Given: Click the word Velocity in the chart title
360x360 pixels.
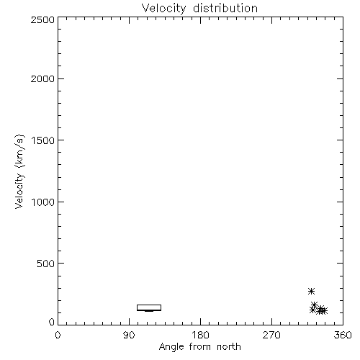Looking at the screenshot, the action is pyautogui.click(x=163, y=9).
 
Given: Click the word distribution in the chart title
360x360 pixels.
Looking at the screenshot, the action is pyautogui.click(x=225, y=8).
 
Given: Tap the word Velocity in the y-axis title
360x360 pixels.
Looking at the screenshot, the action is pyautogui.click(x=19, y=191).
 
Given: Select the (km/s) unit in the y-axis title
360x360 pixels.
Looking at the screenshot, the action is pyautogui.click(x=19, y=151).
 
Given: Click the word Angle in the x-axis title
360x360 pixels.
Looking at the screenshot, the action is pyautogui.click(x=171, y=347).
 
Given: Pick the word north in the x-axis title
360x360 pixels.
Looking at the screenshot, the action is pyautogui.click(x=229, y=347).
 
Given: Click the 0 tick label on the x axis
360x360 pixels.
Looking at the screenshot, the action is pyautogui.click(x=58, y=335).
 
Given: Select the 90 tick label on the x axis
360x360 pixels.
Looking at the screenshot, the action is pyautogui.click(x=129, y=335).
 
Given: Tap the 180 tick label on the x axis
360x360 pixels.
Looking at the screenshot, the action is pyautogui.click(x=200, y=335).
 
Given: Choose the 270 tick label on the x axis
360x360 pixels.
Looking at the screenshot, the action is pyautogui.click(x=271, y=335).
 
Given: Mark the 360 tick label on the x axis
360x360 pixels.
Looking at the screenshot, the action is pyautogui.click(x=343, y=335).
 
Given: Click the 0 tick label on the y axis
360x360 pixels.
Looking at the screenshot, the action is pyautogui.click(x=52, y=322).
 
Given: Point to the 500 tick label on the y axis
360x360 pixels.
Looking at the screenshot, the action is pyautogui.click(x=45, y=264).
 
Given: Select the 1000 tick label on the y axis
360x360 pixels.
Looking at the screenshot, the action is pyautogui.click(x=43, y=202).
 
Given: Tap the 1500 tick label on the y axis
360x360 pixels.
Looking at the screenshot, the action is pyautogui.click(x=43, y=140).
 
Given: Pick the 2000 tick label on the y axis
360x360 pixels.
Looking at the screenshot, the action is pyautogui.click(x=42, y=79).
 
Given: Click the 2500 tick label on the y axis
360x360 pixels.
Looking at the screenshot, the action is pyautogui.click(x=42, y=19).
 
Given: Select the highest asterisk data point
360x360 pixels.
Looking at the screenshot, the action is pyautogui.click(x=311, y=291).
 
